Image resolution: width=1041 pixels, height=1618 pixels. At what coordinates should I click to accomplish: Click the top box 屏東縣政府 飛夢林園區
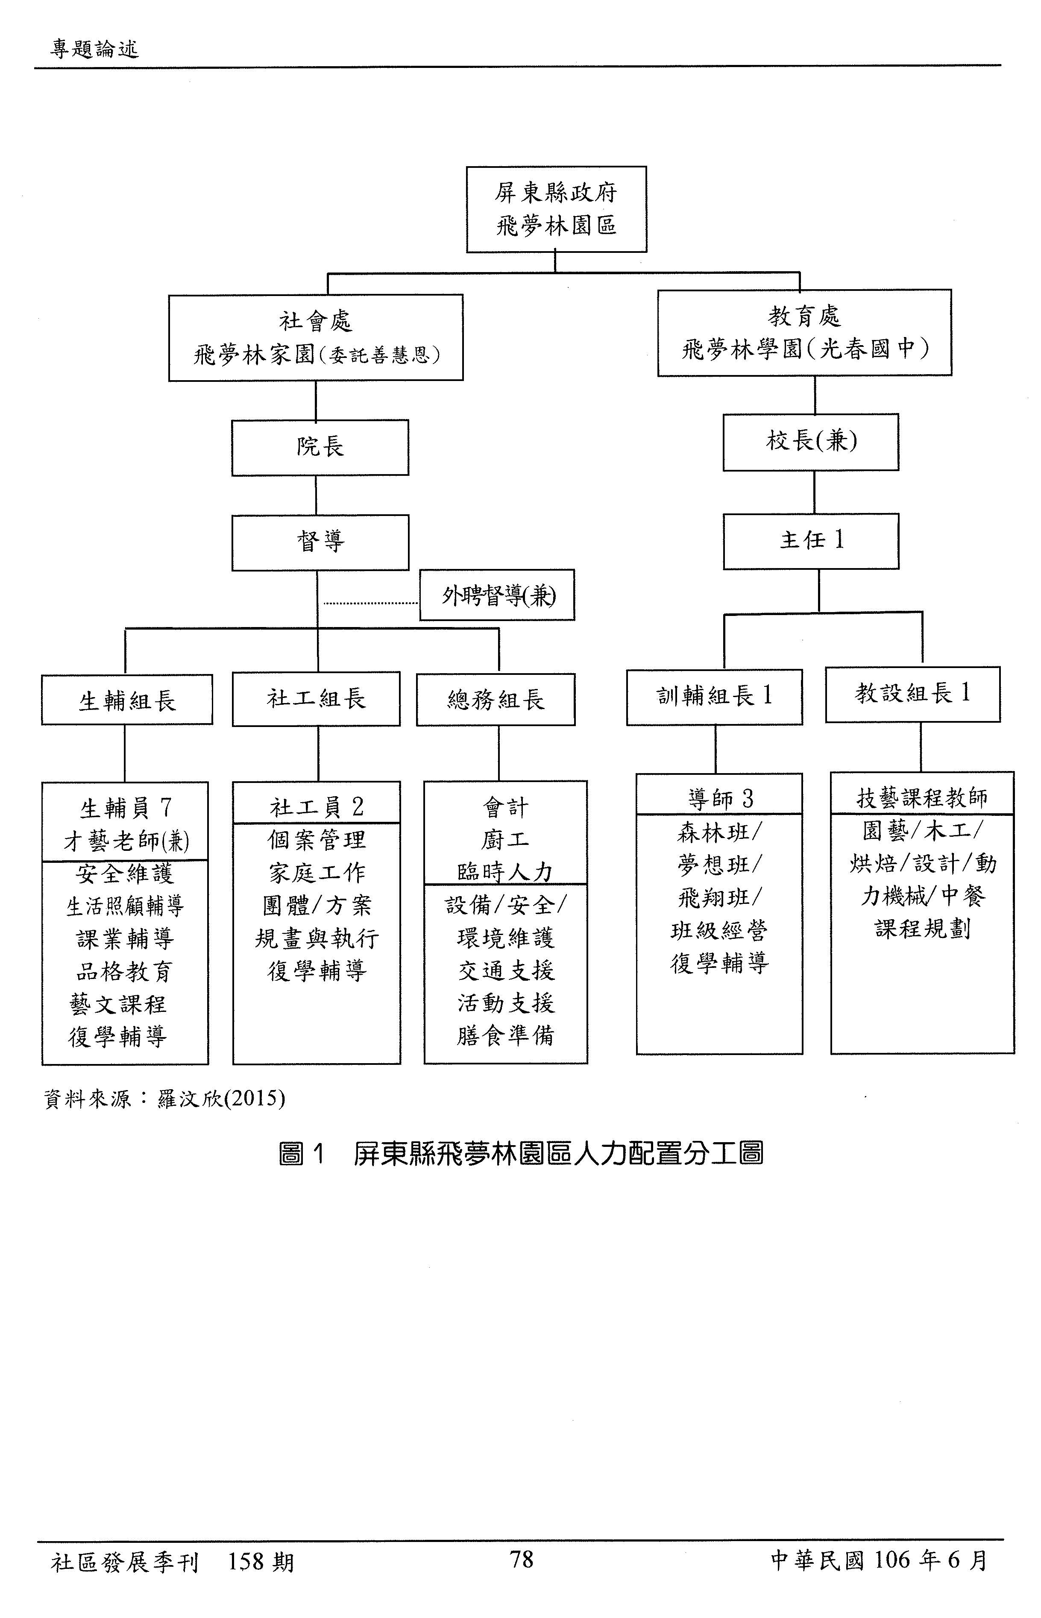pos(556,210)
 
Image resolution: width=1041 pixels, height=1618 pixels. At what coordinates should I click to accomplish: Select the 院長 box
pos(320,447)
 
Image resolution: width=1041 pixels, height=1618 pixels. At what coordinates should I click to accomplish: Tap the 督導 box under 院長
pos(320,542)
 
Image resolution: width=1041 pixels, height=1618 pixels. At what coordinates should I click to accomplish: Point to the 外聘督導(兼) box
pos(497,595)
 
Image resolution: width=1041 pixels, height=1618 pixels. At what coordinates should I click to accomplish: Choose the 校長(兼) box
pos(810,442)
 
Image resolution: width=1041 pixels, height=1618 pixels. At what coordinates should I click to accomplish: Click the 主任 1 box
pos(810,541)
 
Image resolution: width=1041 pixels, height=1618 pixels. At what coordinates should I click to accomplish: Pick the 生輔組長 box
pos(127,700)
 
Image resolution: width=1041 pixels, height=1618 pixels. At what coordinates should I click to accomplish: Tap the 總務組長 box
pos(496,700)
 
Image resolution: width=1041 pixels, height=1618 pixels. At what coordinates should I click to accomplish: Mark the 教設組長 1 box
pos(912,694)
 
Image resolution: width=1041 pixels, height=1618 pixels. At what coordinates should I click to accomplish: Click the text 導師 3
pos(720,799)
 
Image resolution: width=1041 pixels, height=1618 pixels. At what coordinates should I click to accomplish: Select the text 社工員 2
pos(317,806)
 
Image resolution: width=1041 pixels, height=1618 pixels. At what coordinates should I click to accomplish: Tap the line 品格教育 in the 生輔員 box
pos(124,971)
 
